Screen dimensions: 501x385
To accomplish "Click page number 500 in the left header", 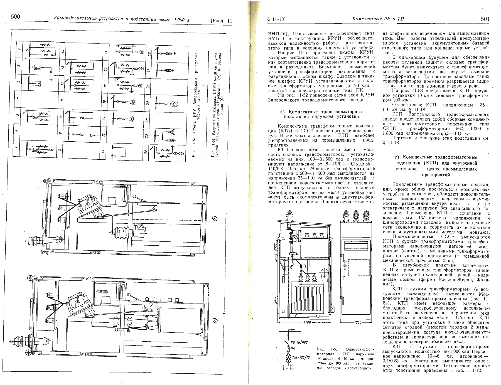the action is pos(16,17).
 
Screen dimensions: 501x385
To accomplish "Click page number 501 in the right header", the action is pos(485,19).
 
